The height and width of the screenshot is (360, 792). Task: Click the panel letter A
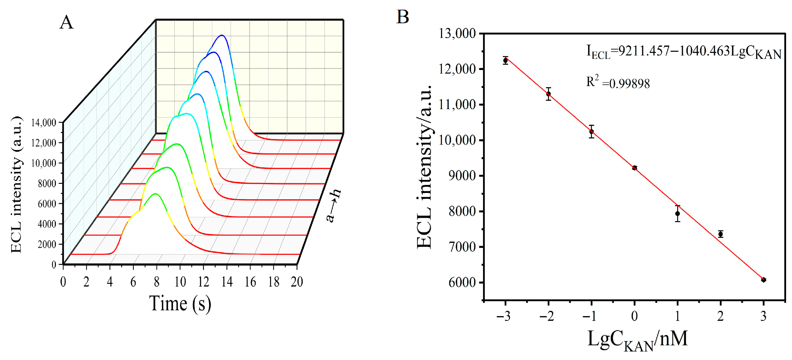(x=66, y=23)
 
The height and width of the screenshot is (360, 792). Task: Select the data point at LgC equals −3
(x=505, y=61)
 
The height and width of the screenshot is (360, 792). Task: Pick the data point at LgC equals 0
(x=635, y=168)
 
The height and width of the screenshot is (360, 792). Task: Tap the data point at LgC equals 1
(x=678, y=213)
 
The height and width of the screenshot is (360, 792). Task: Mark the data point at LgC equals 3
(x=763, y=280)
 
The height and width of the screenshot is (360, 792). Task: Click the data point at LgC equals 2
(x=721, y=234)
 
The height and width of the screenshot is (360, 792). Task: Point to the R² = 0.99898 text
(x=618, y=83)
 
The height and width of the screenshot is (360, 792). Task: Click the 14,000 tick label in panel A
(x=44, y=123)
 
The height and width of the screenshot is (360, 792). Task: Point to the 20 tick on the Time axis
(x=297, y=281)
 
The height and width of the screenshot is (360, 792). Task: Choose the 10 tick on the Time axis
(x=180, y=281)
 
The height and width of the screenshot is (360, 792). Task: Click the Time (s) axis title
(x=180, y=304)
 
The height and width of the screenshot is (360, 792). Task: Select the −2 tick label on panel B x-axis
(x=547, y=316)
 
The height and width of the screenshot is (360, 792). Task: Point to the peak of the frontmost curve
(x=156, y=194)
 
